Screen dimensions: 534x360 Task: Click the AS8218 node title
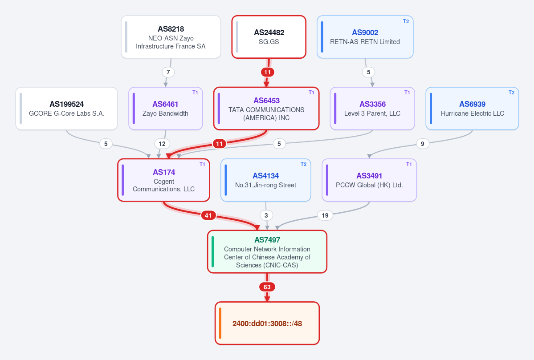pyautogui.click(x=171, y=29)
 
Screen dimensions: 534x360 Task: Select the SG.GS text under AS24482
pyautogui.click(x=269, y=42)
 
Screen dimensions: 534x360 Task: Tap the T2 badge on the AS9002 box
pyautogui.click(x=406, y=21)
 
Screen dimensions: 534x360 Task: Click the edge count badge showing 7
pyautogui.click(x=168, y=72)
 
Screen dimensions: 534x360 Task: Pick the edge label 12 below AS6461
pyautogui.click(x=162, y=144)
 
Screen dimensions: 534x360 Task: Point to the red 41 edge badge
pyautogui.click(x=208, y=215)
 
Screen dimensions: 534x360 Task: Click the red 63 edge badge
pyautogui.click(x=267, y=287)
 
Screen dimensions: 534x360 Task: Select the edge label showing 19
pyautogui.click(x=325, y=215)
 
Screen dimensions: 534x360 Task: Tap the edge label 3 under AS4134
pyautogui.click(x=266, y=215)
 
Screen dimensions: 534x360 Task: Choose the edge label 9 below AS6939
pyautogui.click(x=422, y=144)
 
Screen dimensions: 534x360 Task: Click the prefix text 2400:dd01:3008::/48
pyautogui.click(x=267, y=324)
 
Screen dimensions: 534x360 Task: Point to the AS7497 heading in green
pyautogui.click(x=267, y=240)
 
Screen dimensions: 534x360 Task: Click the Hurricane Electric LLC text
pyautogui.click(x=473, y=113)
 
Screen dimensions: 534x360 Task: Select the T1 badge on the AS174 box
pyautogui.click(x=202, y=164)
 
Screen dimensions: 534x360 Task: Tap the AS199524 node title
pyautogui.click(x=67, y=104)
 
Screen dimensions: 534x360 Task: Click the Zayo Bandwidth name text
pyautogui.click(x=166, y=113)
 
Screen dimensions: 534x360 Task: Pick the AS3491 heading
pyautogui.click(x=369, y=176)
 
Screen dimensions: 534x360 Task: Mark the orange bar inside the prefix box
pyautogui.click(x=220, y=323)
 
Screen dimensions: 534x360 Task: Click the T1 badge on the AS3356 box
pyautogui.click(x=407, y=93)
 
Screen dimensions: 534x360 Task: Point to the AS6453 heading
pyautogui.click(x=267, y=101)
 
